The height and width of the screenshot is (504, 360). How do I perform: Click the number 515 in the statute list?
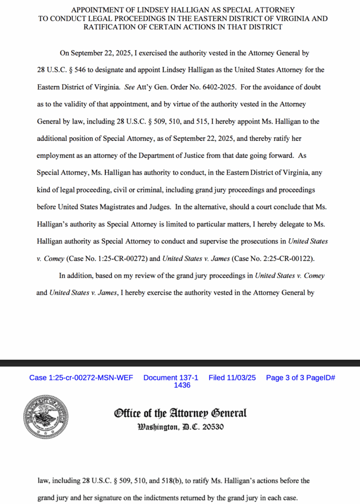point(198,121)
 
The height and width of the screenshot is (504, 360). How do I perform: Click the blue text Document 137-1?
point(171,378)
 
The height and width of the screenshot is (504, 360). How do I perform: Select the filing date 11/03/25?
point(241,378)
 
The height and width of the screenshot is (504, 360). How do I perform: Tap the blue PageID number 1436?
point(182,385)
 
